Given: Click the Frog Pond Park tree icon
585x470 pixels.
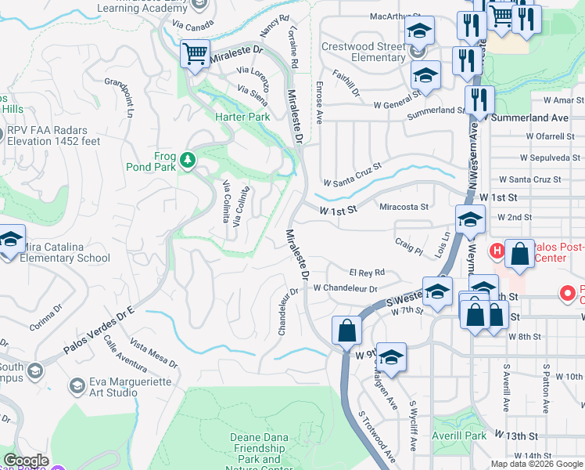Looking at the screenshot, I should [x=187, y=161].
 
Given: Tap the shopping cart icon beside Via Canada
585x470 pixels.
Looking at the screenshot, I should [x=195, y=55].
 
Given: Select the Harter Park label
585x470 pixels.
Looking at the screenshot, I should [x=242, y=117].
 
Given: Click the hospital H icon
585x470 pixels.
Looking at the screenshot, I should [x=496, y=251].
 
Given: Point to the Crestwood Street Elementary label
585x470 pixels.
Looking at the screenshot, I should [x=364, y=52].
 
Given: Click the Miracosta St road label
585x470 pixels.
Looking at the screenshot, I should [x=404, y=207].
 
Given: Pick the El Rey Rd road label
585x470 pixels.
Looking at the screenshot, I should [x=367, y=273].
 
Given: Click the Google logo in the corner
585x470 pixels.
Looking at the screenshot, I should [x=27, y=461].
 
